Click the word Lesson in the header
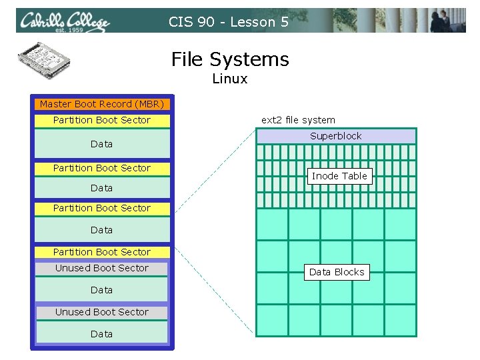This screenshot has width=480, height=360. pyautogui.click(x=253, y=22)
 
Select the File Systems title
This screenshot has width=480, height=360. pyautogui.click(x=230, y=59)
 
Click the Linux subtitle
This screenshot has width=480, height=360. pyautogui.click(x=230, y=79)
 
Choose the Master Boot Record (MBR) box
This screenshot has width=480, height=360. pyautogui.click(x=101, y=104)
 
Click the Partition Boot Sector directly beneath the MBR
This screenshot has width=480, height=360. pyautogui.click(x=101, y=120)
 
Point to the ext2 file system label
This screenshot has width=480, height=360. pyautogui.click(x=298, y=120)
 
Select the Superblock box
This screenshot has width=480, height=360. pyautogui.click(x=335, y=136)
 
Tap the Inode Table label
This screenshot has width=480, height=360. pyautogui.click(x=339, y=176)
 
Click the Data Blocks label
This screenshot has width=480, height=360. pyautogui.click(x=337, y=272)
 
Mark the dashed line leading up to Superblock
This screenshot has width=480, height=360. pyautogui.click(x=213, y=173)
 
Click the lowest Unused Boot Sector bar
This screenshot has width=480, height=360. pyautogui.click(x=101, y=312)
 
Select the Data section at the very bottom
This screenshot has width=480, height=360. pyautogui.click(x=101, y=333)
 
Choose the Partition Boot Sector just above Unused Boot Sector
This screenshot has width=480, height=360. pyautogui.click(x=101, y=252)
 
